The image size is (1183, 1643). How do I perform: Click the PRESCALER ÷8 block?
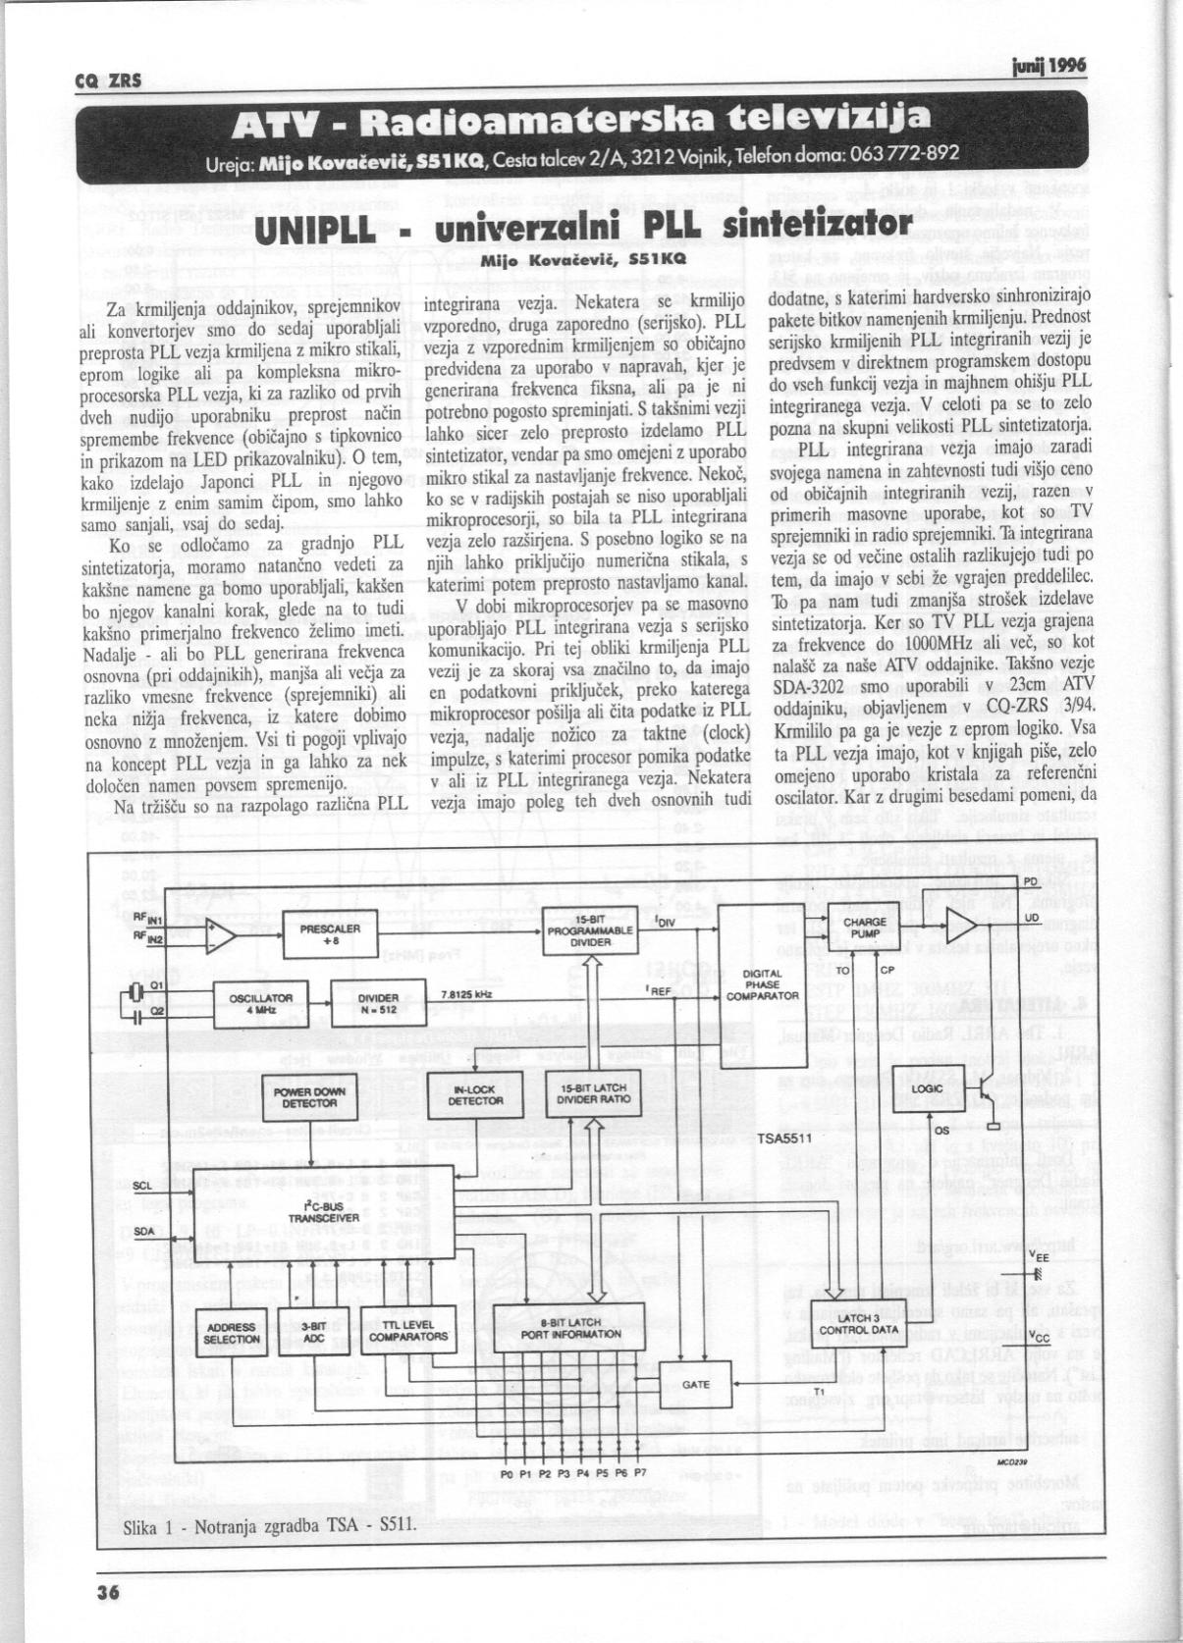[330, 933]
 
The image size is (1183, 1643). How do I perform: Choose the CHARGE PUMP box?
[865, 928]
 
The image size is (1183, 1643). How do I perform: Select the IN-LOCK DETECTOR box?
[475, 1095]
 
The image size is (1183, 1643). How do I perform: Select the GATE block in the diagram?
[696, 1385]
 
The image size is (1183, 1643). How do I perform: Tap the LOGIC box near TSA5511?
[928, 1089]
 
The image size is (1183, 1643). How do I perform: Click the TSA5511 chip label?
[783, 1139]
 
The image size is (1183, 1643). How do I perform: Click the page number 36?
[108, 1594]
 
